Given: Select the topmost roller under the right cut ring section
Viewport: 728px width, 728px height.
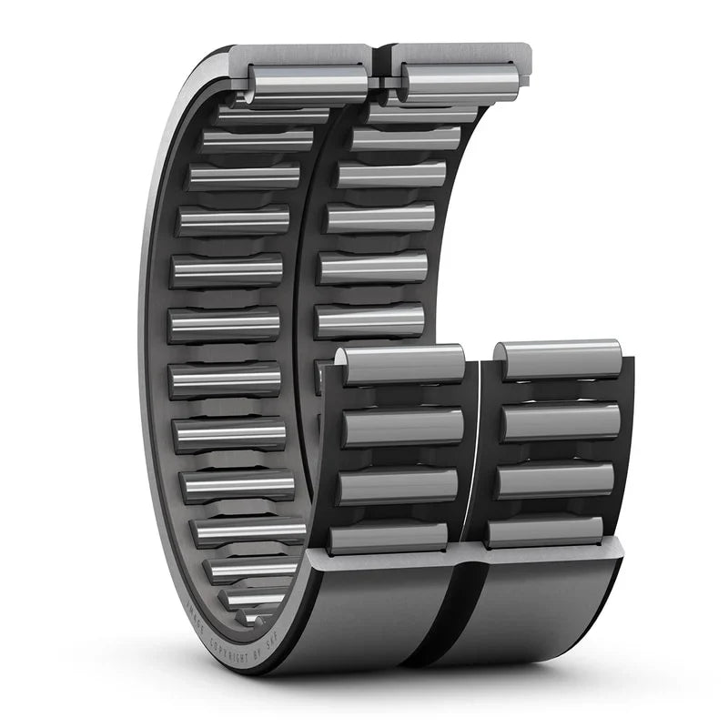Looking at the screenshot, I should pyautogui.click(x=460, y=82).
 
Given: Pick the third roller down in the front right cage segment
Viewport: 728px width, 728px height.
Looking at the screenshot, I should pyautogui.click(x=555, y=480).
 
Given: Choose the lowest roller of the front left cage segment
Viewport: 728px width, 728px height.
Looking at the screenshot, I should pyautogui.click(x=389, y=537).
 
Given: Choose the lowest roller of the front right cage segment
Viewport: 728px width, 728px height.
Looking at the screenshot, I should pyautogui.click(x=544, y=531).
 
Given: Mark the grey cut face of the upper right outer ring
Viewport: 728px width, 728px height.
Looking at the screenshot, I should pyautogui.click(x=455, y=53).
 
